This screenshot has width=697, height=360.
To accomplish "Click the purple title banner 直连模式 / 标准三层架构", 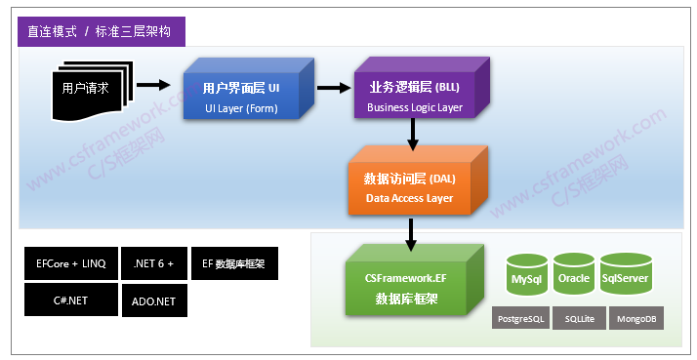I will pos(101,31).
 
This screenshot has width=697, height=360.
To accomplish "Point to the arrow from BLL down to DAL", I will pos(413,136).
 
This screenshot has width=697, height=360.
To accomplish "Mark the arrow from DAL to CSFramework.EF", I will pos(410,232).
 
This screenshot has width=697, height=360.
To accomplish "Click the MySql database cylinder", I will pos(528,277).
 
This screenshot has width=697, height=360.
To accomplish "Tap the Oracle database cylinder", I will pos(574,277).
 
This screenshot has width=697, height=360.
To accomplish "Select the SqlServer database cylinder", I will pos(625,277).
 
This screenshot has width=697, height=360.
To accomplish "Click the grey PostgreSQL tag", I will pos(519,319).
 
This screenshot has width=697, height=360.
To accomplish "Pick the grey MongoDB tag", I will pos(635,319).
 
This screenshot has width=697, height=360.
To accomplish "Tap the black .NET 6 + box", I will pos(153,263).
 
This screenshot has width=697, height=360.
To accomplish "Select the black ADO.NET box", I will pos(153,301).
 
